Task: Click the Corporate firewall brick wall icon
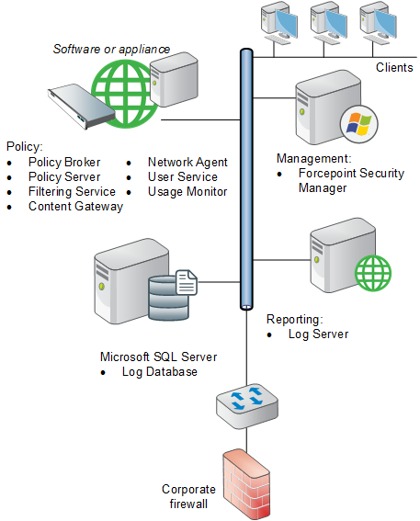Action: (246, 483)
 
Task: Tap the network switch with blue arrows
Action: (247, 406)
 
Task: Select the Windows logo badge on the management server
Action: (359, 124)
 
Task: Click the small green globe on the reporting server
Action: (373, 273)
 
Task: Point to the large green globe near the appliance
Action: (125, 94)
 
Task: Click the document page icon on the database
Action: (186, 282)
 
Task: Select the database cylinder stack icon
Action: (168, 299)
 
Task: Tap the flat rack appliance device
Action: (82, 106)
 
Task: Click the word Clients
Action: (394, 67)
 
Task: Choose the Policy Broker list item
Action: (64, 162)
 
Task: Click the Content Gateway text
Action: (75, 207)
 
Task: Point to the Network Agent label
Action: (187, 162)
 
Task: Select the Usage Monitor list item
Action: (187, 192)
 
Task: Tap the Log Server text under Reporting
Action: (318, 334)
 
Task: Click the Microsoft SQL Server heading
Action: (158, 357)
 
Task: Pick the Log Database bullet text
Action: (160, 372)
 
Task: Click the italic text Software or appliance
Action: (111, 50)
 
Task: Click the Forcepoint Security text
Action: (351, 173)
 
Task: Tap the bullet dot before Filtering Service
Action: (9, 192)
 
